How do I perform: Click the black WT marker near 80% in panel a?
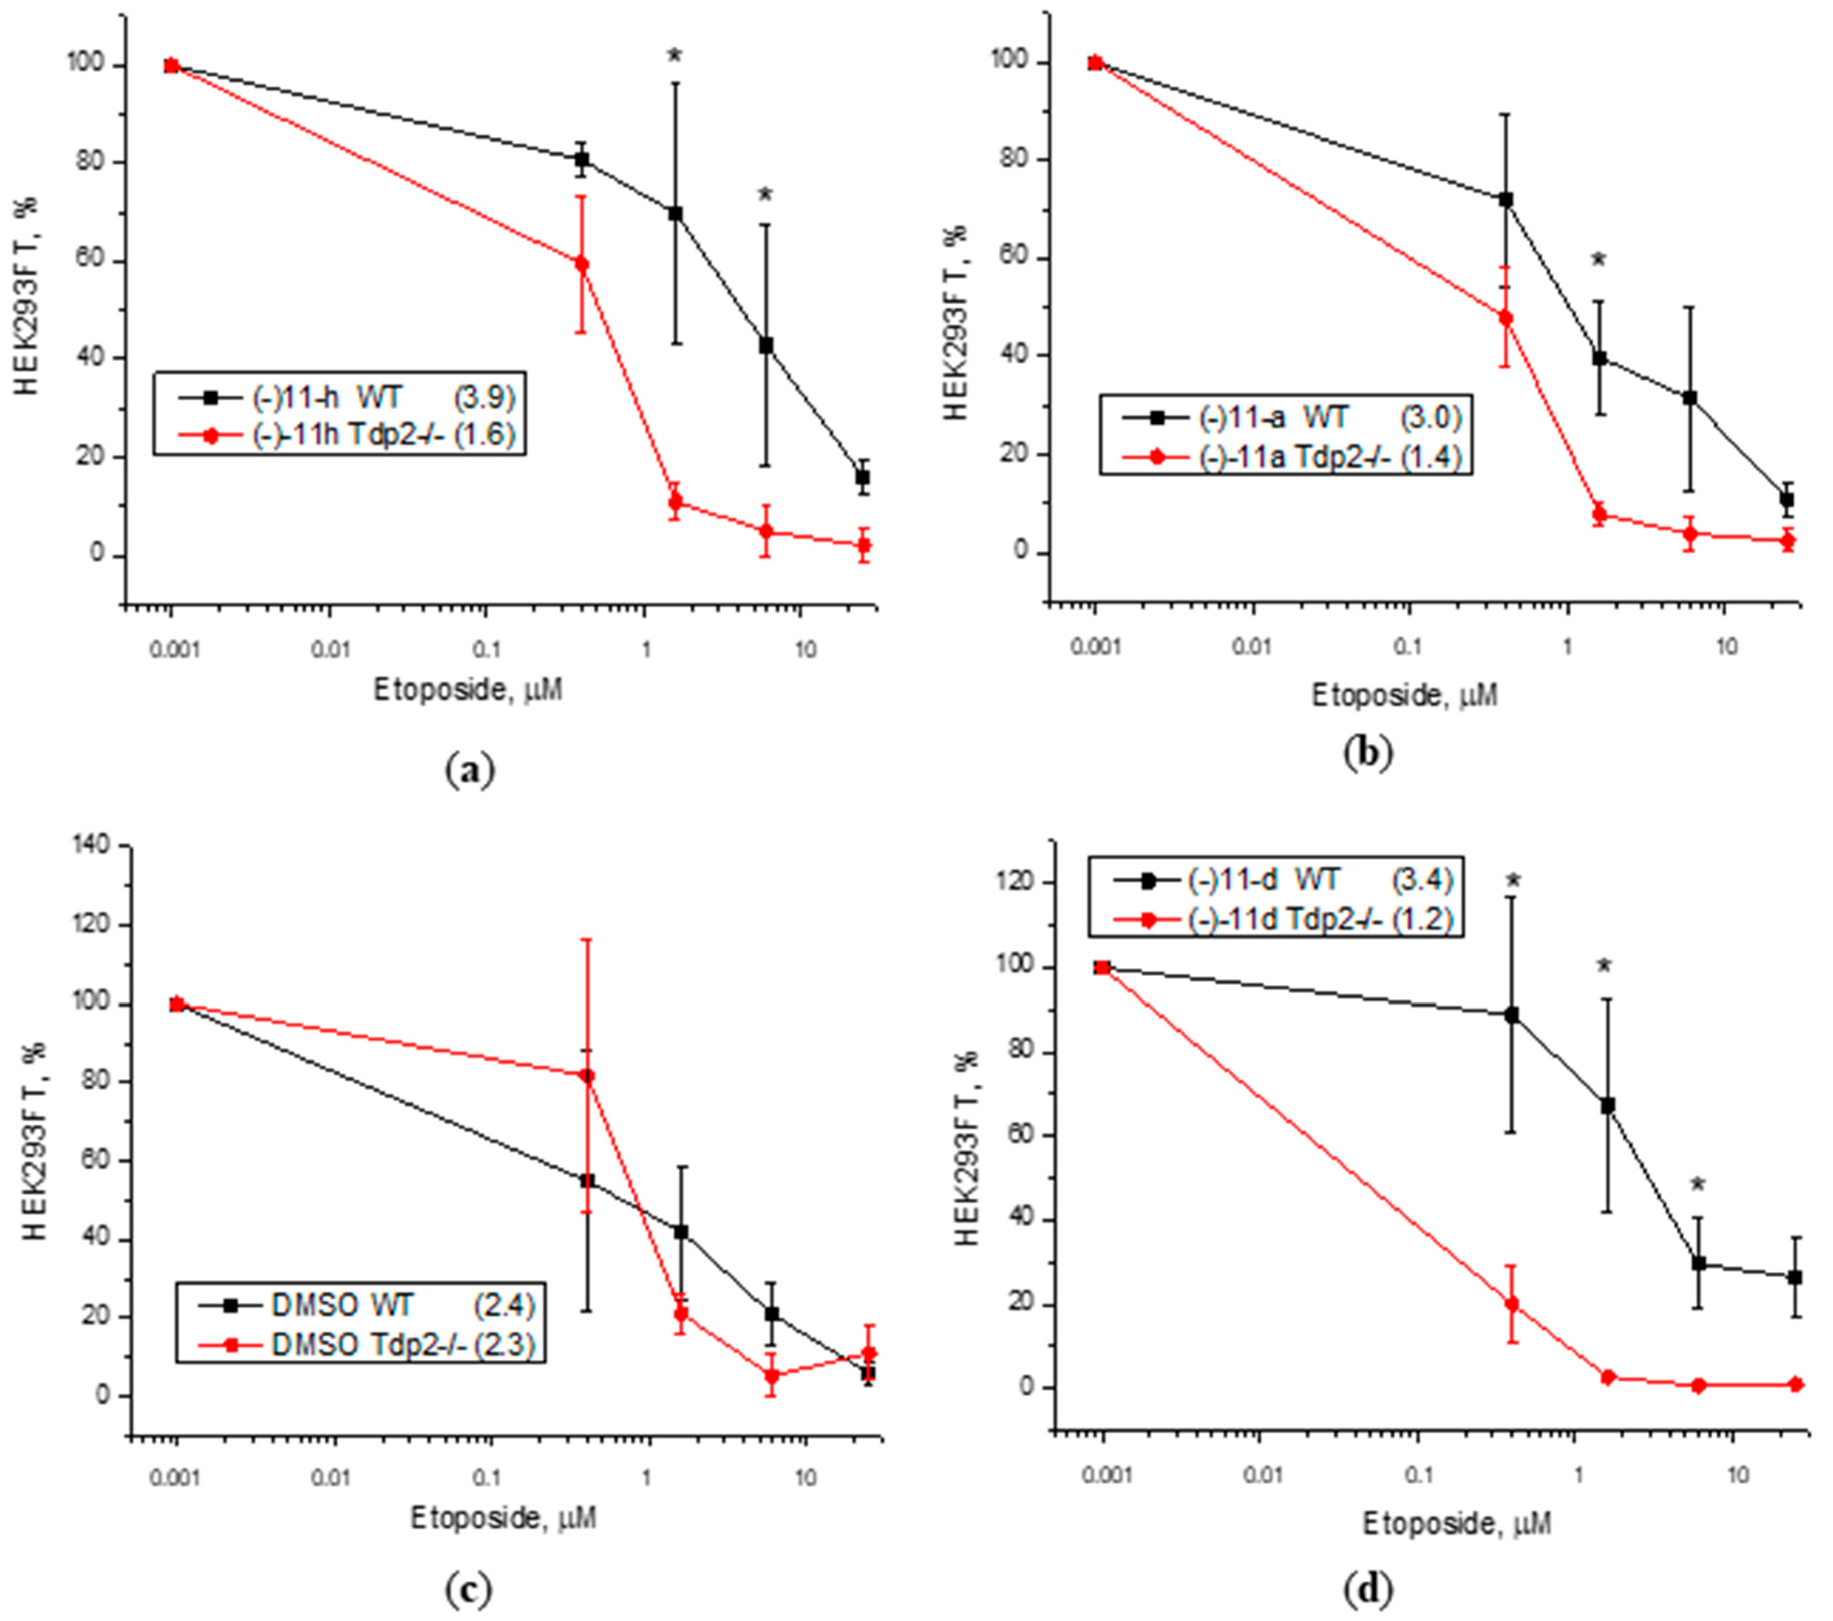click(x=581, y=160)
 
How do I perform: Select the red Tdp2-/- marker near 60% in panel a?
click(x=581, y=264)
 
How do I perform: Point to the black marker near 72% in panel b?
click(x=1506, y=199)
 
